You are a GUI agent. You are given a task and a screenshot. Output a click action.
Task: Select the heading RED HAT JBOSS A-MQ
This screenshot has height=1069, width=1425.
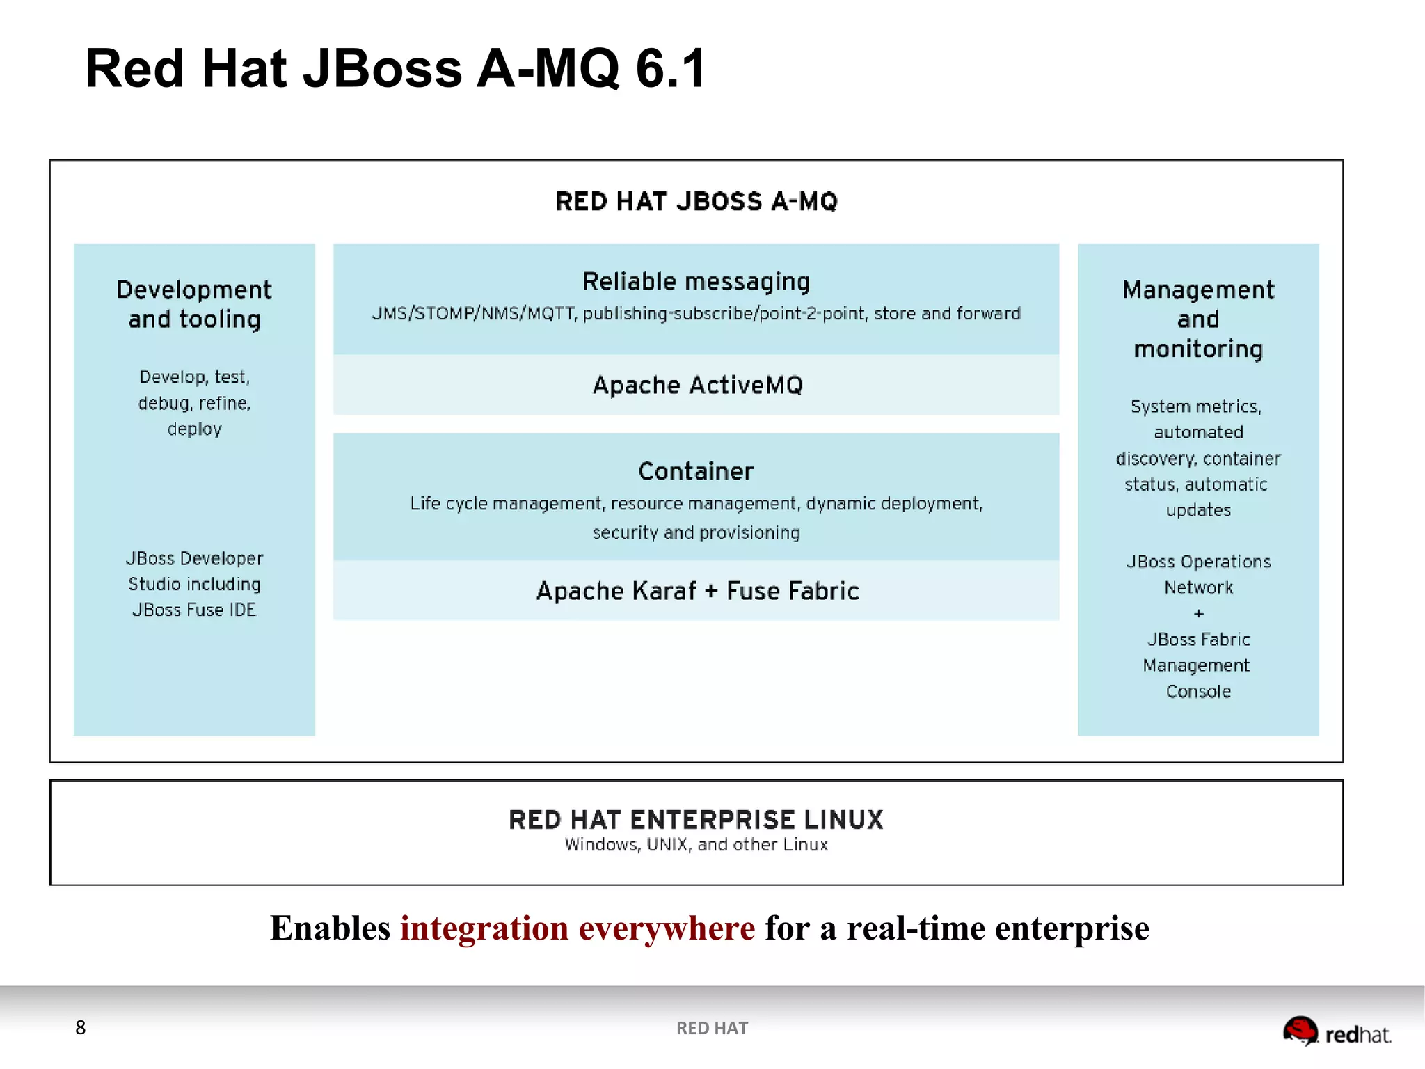click(x=696, y=202)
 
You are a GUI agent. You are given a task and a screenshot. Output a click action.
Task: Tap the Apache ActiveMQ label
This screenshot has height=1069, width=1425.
click(x=697, y=385)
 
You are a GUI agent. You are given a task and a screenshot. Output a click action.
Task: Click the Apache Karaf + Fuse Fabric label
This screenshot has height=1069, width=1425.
click(x=697, y=591)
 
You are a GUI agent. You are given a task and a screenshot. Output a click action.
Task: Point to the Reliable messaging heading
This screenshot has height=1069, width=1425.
click(x=696, y=281)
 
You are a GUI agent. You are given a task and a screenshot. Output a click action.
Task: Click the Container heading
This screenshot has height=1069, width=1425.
click(x=696, y=471)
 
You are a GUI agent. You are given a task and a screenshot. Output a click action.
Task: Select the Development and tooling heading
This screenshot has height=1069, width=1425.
click(x=194, y=304)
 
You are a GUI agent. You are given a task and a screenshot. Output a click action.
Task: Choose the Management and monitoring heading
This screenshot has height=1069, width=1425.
click(x=1198, y=319)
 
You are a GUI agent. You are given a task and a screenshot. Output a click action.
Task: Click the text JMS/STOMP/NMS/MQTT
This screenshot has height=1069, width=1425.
click(x=473, y=314)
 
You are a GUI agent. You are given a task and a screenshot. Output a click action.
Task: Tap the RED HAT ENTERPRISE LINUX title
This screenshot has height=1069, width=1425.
click(x=696, y=819)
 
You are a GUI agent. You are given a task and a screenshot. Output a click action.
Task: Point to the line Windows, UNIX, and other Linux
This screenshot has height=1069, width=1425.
click(x=696, y=845)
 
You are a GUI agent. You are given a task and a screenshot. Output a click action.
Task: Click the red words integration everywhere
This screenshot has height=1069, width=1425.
click(x=578, y=928)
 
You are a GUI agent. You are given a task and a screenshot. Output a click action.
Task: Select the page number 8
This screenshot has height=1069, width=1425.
click(x=81, y=1027)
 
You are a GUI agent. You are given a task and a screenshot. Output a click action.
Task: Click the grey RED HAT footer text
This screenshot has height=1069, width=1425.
click(x=712, y=1028)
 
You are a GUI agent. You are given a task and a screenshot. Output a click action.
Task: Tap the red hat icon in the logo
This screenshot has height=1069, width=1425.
click(x=1300, y=1031)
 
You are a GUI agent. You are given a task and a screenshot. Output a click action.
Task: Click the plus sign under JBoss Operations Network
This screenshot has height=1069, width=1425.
click(x=1198, y=614)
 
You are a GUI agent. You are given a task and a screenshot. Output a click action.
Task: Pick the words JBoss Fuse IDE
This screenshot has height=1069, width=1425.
click(x=194, y=610)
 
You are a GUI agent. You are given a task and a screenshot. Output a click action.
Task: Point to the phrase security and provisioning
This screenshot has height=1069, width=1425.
click(x=696, y=533)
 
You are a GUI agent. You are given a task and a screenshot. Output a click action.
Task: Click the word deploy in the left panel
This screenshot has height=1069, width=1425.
click(x=194, y=429)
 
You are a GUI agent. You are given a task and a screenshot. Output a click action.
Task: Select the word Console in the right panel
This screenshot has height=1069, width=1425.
click(x=1198, y=692)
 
